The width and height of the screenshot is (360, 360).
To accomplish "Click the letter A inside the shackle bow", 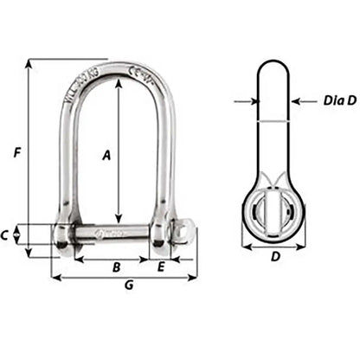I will coord(106,155).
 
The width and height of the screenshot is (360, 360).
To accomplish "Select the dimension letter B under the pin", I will coord(115,267).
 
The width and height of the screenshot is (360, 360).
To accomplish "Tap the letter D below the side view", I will coord(275,257).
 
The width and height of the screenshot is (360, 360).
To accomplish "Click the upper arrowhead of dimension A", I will coord(118,85).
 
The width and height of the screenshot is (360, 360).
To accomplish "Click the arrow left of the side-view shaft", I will coord(252,101).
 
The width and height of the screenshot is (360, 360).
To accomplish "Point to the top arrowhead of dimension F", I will coord(29,63).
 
